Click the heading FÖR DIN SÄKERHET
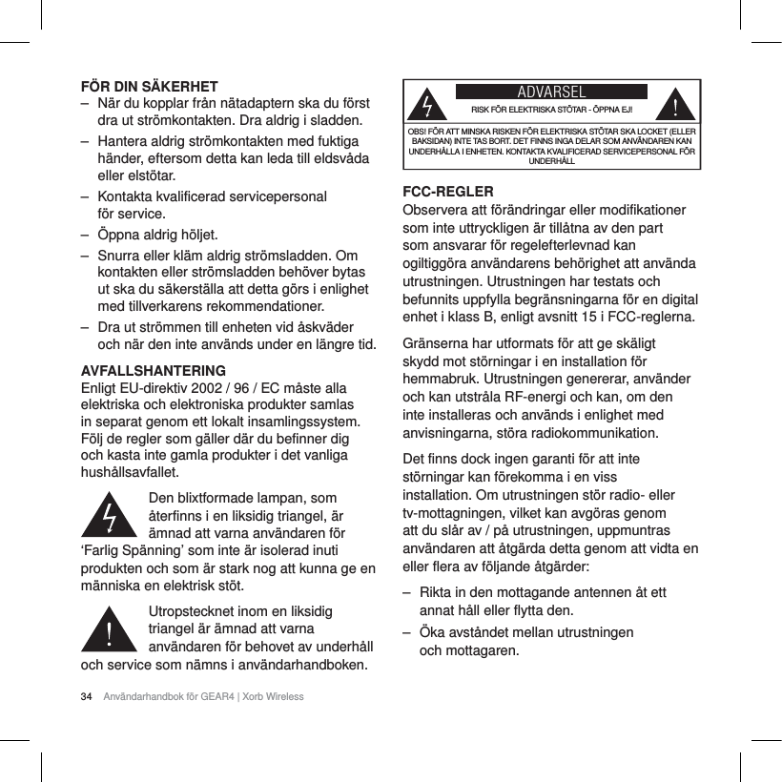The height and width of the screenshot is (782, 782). (148, 85)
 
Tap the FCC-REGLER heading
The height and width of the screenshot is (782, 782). (450, 192)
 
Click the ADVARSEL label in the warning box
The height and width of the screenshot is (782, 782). (550, 93)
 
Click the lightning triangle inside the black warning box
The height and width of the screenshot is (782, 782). (432, 102)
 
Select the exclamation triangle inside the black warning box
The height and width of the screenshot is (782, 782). (677, 102)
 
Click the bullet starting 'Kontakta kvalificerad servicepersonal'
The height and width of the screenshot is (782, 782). (212, 196)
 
